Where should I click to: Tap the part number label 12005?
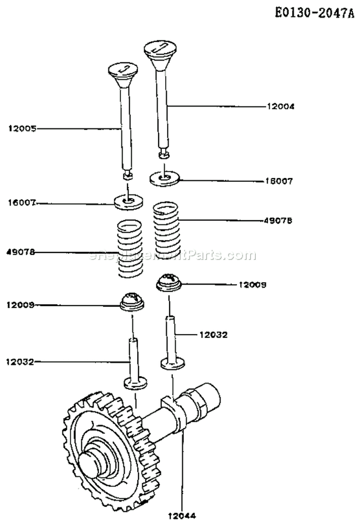click(x=22, y=128)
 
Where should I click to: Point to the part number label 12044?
click(x=182, y=516)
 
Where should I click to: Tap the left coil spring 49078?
click(x=130, y=249)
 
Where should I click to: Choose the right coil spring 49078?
click(x=167, y=228)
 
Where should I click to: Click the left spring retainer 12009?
click(x=132, y=301)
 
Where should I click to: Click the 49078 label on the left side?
click(x=22, y=252)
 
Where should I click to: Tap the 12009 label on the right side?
click(x=252, y=285)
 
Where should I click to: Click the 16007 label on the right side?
click(x=279, y=181)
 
